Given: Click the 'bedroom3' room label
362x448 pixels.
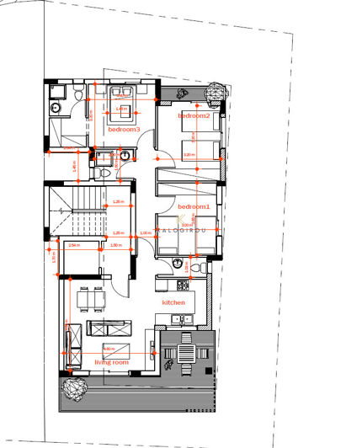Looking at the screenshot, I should pyautogui.click(x=124, y=130).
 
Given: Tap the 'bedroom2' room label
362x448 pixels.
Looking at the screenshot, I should pyautogui.click(x=194, y=115).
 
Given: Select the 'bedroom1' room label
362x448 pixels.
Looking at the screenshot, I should pyautogui.click(x=193, y=206).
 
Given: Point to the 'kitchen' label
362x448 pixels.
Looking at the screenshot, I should pyautogui.click(x=173, y=302).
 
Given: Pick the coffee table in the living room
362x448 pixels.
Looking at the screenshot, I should pyautogui.click(x=114, y=349).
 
